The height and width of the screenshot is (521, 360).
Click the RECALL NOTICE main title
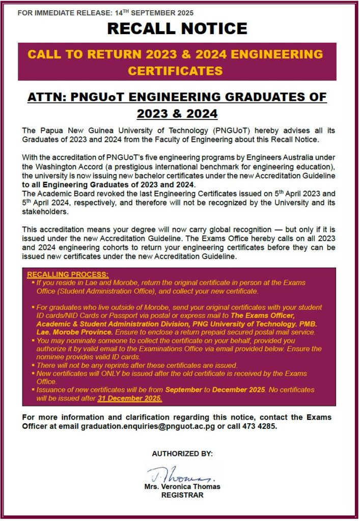click(x=177, y=28)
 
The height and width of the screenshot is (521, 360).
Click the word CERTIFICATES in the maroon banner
click(x=175, y=70)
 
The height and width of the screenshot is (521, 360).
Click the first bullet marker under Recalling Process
click(x=33, y=282)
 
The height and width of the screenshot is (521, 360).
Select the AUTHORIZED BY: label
click(x=182, y=453)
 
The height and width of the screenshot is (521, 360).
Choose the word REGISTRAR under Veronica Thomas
click(x=182, y=495)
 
